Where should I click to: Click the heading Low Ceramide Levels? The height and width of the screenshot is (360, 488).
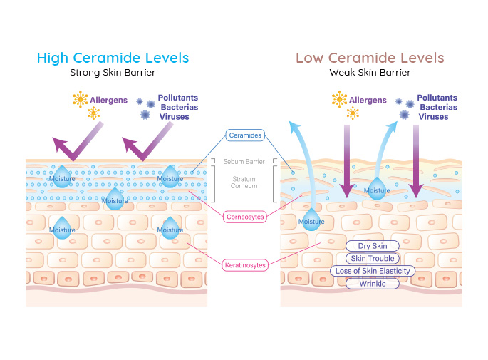click(x=370, y=58)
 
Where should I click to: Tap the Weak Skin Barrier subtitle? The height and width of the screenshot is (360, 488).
click(x=370, y=72)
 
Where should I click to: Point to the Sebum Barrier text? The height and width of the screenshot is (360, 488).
click(x=244, y=162)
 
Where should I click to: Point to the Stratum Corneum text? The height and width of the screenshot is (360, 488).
click(x=244, y=182)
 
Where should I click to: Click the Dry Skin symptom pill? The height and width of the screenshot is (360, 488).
click(x=372, y=246)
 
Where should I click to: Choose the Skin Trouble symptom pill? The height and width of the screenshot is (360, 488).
click(x=372, y=258)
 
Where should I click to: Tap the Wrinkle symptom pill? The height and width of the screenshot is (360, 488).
click(x=372, y=284)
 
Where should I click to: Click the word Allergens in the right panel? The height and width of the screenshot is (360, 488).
click(x=369, y=101)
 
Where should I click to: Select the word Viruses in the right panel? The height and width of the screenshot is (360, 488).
click(x=434, y=116)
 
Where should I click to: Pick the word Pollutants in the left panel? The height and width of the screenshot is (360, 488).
click(x=177, y=98)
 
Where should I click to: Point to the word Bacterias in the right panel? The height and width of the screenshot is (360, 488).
click(x=436, y=107)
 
